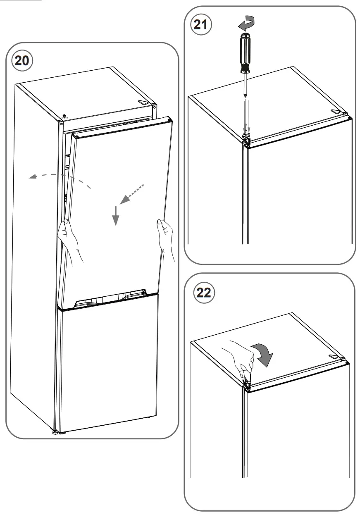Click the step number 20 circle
pos(22,60)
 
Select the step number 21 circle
pos(201,24)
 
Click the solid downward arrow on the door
pos(116,215)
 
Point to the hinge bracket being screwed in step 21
pos(246,137)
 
